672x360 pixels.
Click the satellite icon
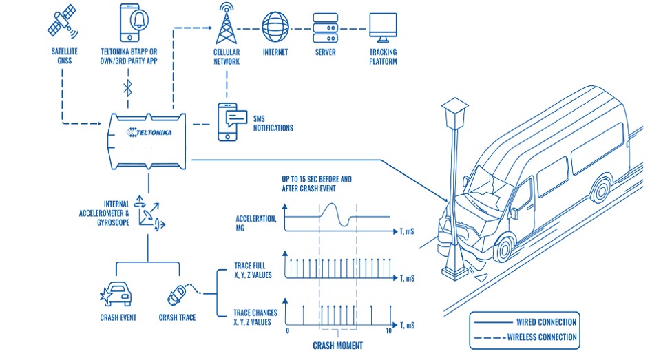point(63,23)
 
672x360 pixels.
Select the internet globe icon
point(275,26)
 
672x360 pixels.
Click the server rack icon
point(324,26)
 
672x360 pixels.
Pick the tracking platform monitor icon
point(383,25)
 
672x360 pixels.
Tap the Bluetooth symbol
point(127,87)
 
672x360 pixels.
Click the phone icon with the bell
point(135,23)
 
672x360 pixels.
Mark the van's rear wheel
point(602,188)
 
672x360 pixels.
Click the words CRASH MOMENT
point(338,345)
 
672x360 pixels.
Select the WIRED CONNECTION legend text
point(546,321)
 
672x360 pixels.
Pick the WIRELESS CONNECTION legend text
point(546,337)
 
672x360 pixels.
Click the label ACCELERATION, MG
point(257,222)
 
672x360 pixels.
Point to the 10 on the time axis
point(389,331)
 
